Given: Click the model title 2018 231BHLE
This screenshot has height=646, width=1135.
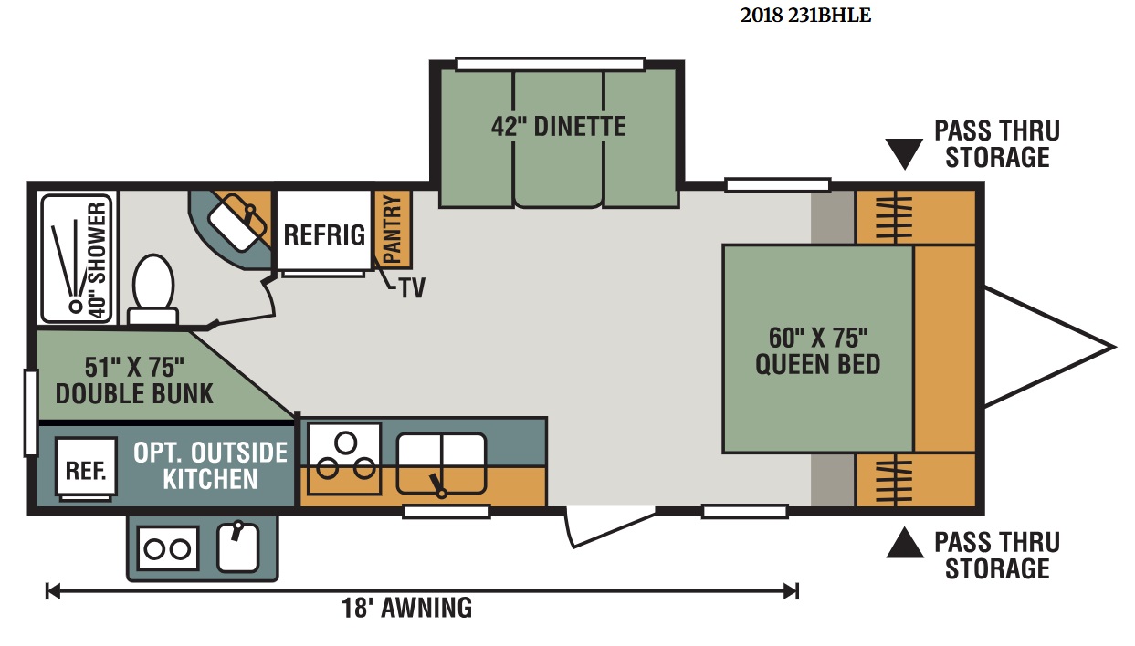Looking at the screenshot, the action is pyautogui.click(x=805, y=16).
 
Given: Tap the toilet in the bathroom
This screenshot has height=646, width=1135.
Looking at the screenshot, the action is pyautogui.click(x=152, y=289).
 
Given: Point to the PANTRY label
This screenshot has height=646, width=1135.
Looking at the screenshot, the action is pyautogui.click(x=393, y=229).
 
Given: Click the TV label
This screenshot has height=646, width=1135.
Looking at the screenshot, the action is pyautogui.click(x=413, y=288).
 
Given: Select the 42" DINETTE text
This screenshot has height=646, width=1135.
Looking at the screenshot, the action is pyautogui.click(x=559, y=126).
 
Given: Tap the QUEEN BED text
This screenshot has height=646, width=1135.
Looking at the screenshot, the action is pyautogui.click(x=818, y=364).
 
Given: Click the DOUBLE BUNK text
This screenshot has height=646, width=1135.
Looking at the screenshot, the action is pyautogui.click(x=134, y=394).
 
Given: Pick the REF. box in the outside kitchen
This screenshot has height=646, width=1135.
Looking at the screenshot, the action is pyautogui.click(x=86, y=468).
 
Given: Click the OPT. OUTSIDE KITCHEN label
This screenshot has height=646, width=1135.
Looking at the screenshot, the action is pyautogui.click(x=210, y=465).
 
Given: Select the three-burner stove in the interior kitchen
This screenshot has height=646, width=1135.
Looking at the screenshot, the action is pyautogui.click(x=344, y=458).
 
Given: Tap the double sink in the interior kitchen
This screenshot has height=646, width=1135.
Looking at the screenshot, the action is pyautogui.click(x=441, y=464).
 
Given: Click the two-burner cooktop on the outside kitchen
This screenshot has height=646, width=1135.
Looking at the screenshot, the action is pyautogui.click(x=167, y=548).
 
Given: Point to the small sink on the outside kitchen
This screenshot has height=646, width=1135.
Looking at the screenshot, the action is pyautogui.click(x=237, y=547).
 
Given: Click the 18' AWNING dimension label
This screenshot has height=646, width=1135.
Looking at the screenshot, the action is pyautogui.click(x=406, y=608).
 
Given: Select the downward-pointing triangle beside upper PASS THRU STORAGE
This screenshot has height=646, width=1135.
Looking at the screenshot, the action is pyautogui.click(x=905, y=153).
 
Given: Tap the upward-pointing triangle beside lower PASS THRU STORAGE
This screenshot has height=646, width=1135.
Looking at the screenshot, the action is pyautogui.click(x=905, y=543).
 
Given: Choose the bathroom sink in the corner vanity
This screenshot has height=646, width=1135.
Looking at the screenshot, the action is pyautogui.click(x=237, y=229).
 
